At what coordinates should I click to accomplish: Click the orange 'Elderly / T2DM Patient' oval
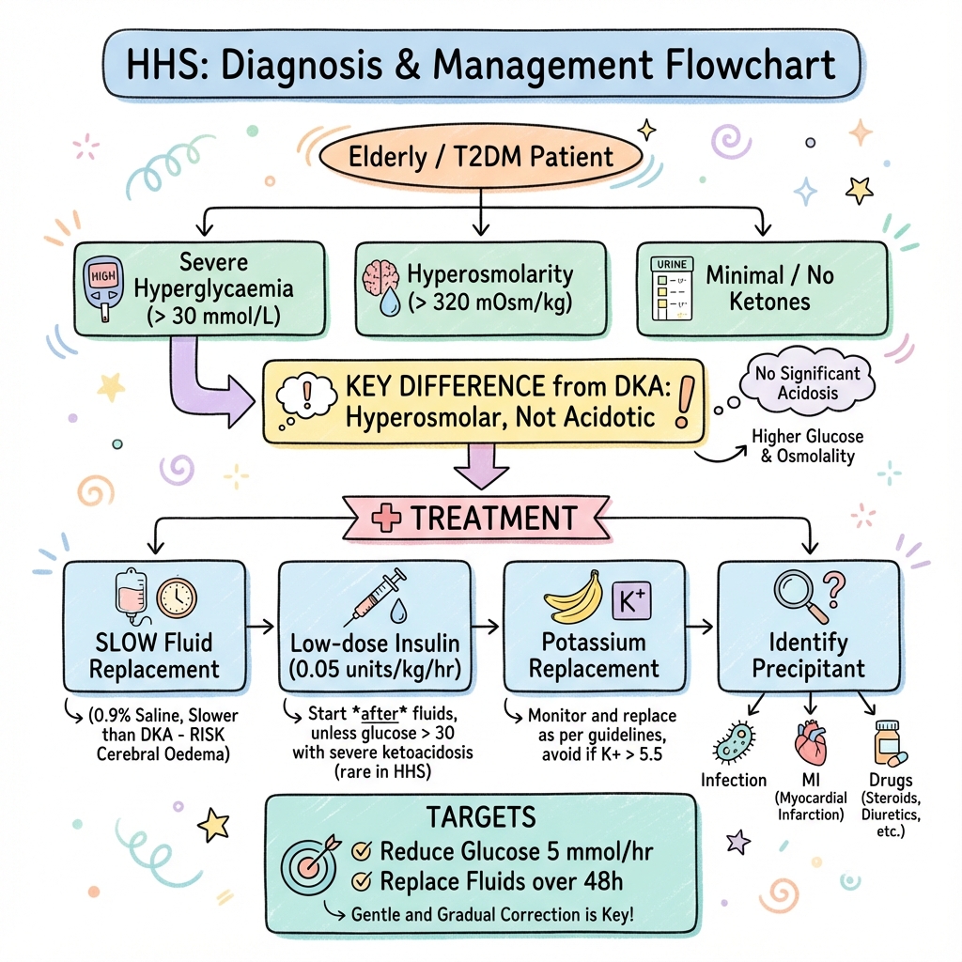click(x=480, y=156)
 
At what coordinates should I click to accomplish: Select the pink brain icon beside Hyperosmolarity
click(x=380, y=276)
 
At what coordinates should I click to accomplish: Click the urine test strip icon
click(x=670, y=288)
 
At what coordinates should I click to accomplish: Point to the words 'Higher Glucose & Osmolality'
click(x=808, y=446)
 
